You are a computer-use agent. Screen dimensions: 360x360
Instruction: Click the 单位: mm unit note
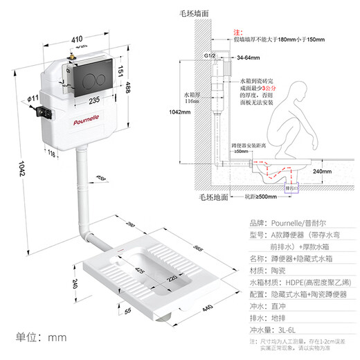click(x=39, y=337)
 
